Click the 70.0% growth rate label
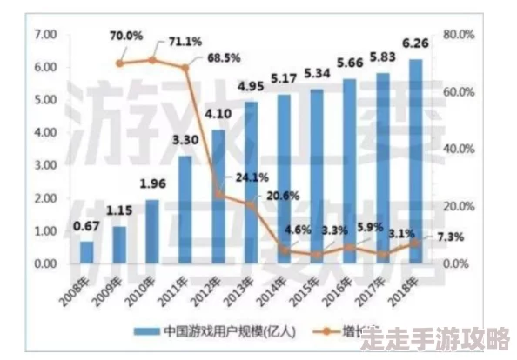click(126, 36)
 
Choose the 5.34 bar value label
click(316, 72)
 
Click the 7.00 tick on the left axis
click(44, 34)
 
